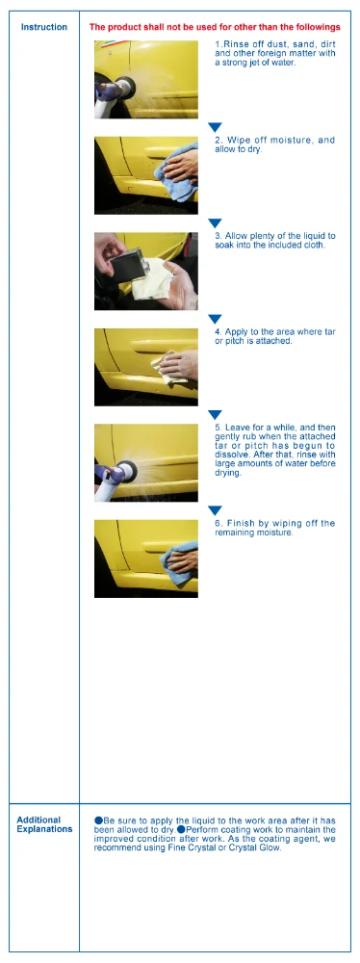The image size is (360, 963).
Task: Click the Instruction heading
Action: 44,27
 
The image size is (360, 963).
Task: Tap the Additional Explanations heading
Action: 44,824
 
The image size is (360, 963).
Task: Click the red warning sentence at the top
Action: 215,27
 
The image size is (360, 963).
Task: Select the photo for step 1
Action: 146,79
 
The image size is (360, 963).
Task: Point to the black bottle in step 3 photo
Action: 128,262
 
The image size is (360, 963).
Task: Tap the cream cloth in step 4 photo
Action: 169,367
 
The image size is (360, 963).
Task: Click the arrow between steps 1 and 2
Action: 215,127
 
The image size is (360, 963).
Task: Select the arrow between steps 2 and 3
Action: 215,223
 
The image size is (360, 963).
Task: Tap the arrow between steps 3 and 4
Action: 215,319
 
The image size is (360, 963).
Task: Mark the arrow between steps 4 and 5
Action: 215,414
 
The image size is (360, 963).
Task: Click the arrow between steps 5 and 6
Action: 215,510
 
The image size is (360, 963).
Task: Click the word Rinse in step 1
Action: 233,45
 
